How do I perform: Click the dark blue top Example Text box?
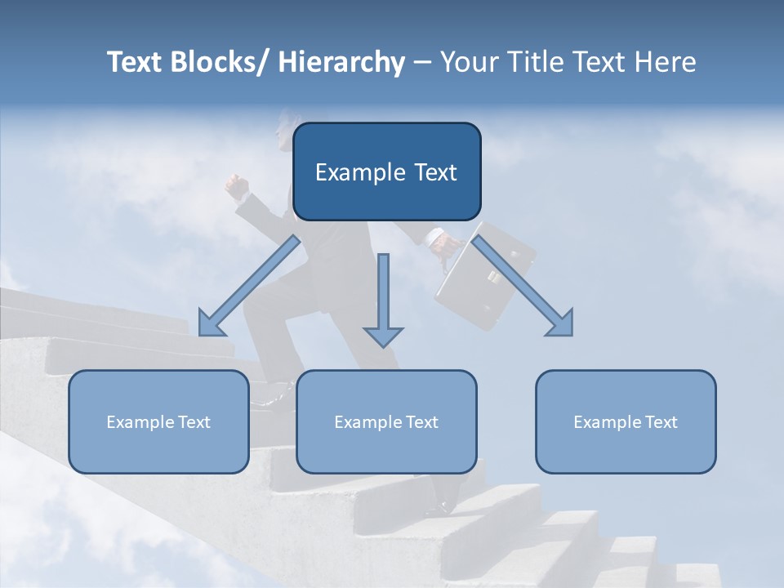click(x=386, y=171)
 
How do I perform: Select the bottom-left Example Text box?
click(x=158, y=421)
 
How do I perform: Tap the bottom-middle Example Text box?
click(x=386, y=421)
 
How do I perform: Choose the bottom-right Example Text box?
click(x=626, y=421)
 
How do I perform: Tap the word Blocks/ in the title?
click(x=222, y=62)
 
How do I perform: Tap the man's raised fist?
click(x=237, y=187)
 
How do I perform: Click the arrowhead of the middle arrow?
click(x=383, y=336)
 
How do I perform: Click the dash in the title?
click(x=422, y=62)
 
